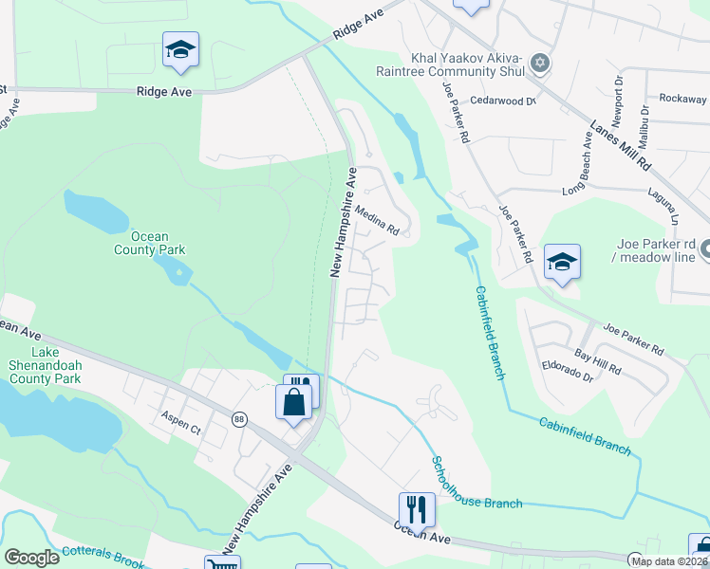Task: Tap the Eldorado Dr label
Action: (568, 376)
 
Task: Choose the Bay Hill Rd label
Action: (596, 360)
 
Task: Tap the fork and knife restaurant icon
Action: (415, 508)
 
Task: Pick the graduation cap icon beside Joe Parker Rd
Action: (562, 262)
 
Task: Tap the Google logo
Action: (32, 558)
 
